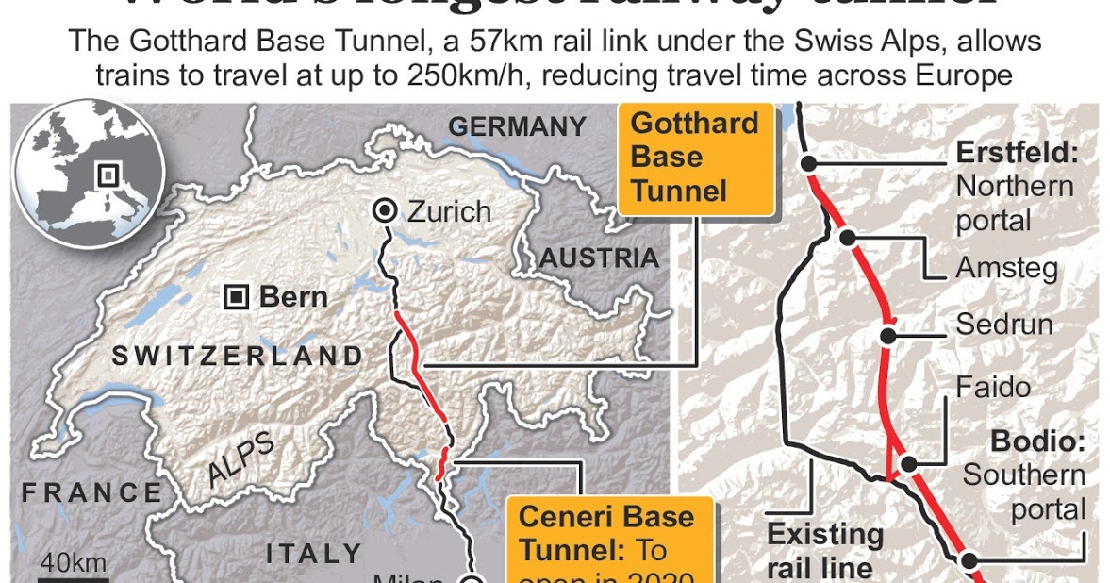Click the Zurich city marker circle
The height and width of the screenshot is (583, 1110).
click(x=385, y=210)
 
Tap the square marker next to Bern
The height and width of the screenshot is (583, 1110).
click(x=236, y=298)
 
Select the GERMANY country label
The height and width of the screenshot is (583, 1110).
click(x=516, y=126)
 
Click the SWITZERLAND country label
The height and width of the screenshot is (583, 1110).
click(x=237, y=356)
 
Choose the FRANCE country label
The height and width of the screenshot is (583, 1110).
click(x=92, y=492)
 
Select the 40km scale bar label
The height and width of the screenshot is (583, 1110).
click(x=73, y=563)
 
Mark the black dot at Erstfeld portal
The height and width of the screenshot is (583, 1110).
click(x=808, y=163)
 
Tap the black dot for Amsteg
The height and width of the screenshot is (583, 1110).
click(x=848, y=237)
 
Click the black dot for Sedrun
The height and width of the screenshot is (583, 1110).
click(x=888, y=333)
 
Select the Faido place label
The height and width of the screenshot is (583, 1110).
click(x=993, y=387)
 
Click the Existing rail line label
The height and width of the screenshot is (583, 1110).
click(x=825, y=551)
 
